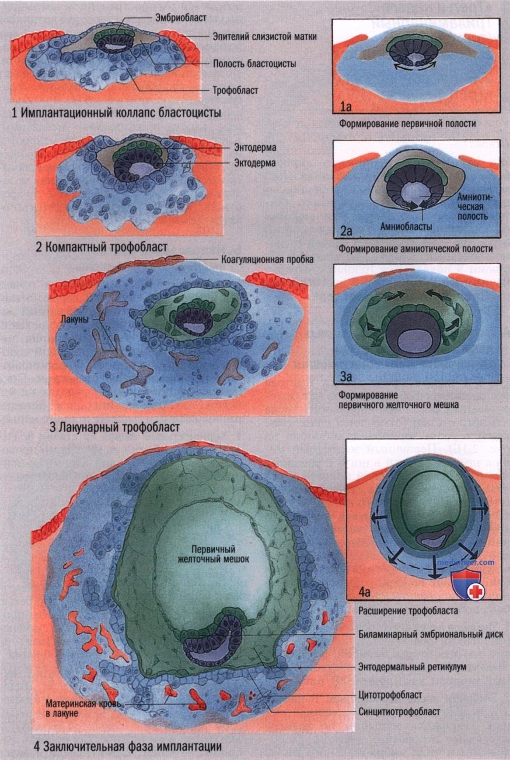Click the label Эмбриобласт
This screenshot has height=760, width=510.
180,17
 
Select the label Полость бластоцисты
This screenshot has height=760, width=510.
254,64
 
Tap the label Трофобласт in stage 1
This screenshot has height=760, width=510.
235,90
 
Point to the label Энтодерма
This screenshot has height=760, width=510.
255,147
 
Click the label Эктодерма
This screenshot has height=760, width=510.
255,163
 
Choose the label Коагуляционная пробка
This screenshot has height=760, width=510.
267,259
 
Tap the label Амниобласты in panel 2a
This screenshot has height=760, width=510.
406,226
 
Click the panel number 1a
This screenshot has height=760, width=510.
345,107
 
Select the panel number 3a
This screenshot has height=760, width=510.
346,377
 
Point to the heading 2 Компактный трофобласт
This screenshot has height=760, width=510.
102,247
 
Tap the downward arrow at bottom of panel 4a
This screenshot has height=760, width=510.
432,566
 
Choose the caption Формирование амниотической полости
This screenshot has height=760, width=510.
415,249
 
